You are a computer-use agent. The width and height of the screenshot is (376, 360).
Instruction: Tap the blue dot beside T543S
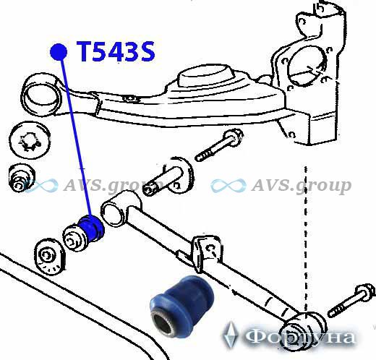tap(59, 52)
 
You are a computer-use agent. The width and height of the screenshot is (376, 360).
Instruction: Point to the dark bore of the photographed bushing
tap(164, 323)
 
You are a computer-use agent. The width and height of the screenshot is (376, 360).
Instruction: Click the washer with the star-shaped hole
tap(30, 140)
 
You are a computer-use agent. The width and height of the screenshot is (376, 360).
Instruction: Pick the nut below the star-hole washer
tap(21, 178)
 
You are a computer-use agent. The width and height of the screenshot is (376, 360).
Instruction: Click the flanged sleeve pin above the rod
tap(168, 176)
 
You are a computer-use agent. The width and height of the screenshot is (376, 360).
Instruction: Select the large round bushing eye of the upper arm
tap(41, 96)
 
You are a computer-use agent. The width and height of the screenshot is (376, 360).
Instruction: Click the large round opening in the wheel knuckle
tap(306, 66)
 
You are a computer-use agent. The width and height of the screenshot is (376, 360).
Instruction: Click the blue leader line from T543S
tap(75, 137)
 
